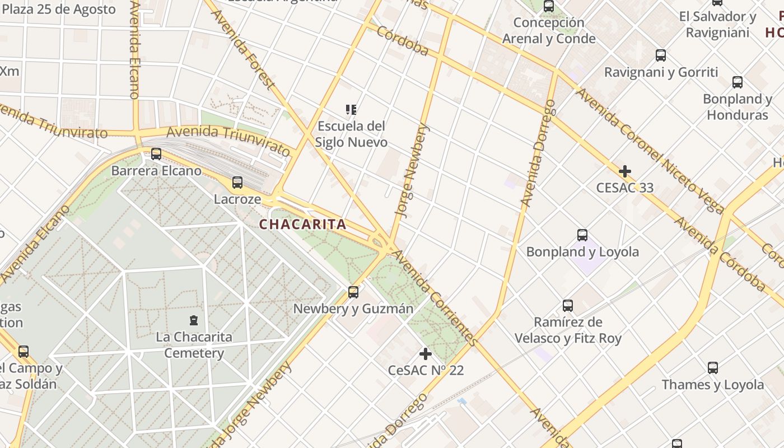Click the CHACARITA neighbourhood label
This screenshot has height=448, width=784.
pyautogui.click(x=302, y=225)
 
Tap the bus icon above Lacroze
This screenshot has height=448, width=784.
pyautogui.click(x=237, y=182)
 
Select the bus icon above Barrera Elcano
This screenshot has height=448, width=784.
pyautogui.click(x=156, y=153)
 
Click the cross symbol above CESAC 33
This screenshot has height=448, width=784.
pyautogui.click(x=625, y=171)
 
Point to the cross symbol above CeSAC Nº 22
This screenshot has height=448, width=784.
pyautogui.click(x=426, y=354)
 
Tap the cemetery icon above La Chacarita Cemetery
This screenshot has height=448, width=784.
pyautogui.click(x=194, y=320)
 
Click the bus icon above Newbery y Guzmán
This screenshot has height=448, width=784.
pyautogui.click(x=353, y=292)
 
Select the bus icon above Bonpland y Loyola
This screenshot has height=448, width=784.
pyautogui.click(x=582, y=235)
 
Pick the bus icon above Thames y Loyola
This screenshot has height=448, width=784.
pyautogui.click(x=713, y=368)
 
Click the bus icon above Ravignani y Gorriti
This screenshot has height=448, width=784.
pyautogui.click(x=661, y=55)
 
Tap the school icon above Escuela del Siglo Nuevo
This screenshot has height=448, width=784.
pyautogui.click(x=351, y=109)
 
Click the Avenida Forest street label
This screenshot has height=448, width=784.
pyautogui.click(x=244, y=49)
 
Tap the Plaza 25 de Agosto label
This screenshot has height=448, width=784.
pyautogui.click(x=59, y=9)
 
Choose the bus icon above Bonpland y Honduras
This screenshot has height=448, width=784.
pyautogui.click(x=738, y=82)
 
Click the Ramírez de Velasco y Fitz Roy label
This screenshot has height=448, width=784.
pyautogui.click(x=568, y=330)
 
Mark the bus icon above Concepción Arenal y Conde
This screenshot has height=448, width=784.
pyautogui.click(x=549, y=6)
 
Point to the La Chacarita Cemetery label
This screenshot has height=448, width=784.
pyautogui.click(x=194, y=345)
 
